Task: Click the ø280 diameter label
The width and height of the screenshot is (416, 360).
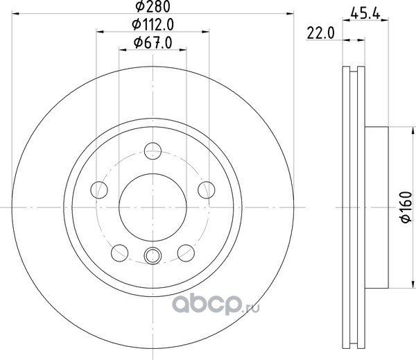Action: [153, 7]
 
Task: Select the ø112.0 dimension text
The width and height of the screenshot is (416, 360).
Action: [153, 25]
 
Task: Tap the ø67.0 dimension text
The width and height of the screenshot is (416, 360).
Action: [153, 42]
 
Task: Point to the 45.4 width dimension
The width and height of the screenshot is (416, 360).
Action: [365, 13]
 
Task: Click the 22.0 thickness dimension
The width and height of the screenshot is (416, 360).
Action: [321, 33]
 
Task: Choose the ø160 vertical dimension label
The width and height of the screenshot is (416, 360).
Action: [406, 207]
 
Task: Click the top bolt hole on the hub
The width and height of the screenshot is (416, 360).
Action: [153, 151]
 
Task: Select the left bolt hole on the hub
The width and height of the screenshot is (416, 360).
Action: [99, 190]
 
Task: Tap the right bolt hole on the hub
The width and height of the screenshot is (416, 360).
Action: [207, 190]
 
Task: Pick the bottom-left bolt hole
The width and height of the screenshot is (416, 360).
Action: [120, 253]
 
